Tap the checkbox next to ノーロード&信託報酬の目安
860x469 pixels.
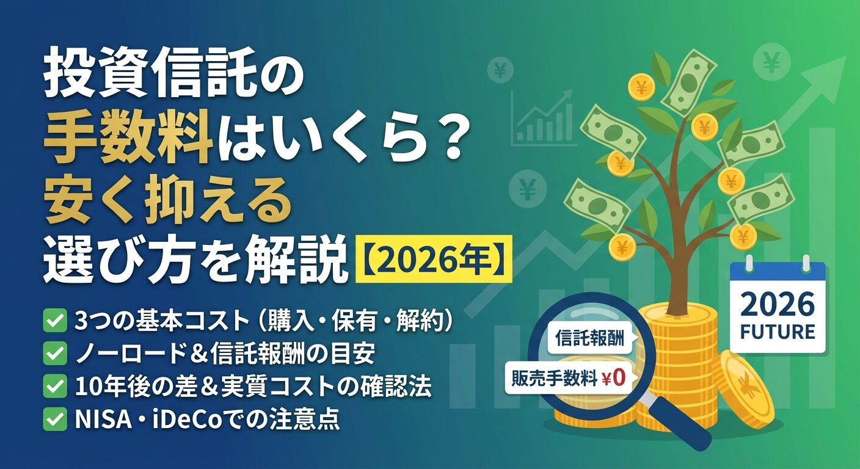click(56, 353)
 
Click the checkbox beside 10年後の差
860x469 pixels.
click(56, 386)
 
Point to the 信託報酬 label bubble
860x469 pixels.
click(589, 338)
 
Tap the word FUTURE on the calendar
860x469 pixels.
click(777, 332)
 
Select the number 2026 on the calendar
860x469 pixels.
click(777, 304)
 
